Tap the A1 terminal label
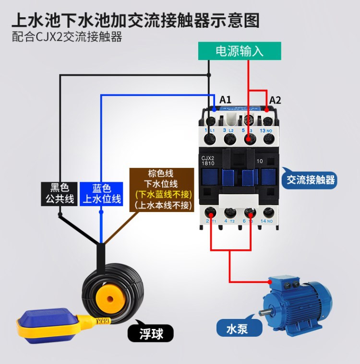(x=226, y=100)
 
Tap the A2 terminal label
(x=275, y=100)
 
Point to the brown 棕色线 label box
(x=163, y=189)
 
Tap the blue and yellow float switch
(x=46, y=327)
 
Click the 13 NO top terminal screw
(x=268, y=139)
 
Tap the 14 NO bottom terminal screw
(x=267, y=212)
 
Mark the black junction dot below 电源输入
(x=209, y=75)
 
